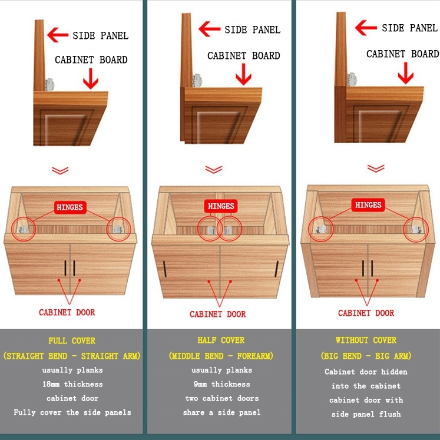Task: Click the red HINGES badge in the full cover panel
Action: click(x=70, y=207)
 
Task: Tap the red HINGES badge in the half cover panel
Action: click(x=221, y=206)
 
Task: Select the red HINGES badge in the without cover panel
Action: click(x=368, y=205)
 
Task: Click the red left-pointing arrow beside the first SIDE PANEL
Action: click(x=58, y=35)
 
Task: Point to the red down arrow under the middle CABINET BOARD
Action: click(x=244, y=74)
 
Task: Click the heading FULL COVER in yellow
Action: click(x=72, y=340)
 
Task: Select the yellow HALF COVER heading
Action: click(x=221, y=340)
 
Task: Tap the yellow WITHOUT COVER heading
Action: click(x=366, y=340)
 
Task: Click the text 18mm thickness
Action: click(x=72, y=384)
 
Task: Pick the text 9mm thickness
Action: click(x=221, y=384)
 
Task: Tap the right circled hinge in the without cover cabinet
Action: click(x=416, y=229)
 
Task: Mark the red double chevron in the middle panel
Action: click(x=214, y=170)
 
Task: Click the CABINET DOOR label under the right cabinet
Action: click(x=366, y=313)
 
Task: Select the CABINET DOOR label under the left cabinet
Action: click(x=67, y=312)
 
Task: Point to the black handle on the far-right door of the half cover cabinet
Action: click(x=277, y=269)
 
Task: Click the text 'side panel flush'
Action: click(x=366, y=414)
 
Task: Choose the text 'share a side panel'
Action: click(x=221, y=412)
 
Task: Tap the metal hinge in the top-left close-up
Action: click(x=49, y=85)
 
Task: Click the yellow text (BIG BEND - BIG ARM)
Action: click(x=366, y=356)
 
